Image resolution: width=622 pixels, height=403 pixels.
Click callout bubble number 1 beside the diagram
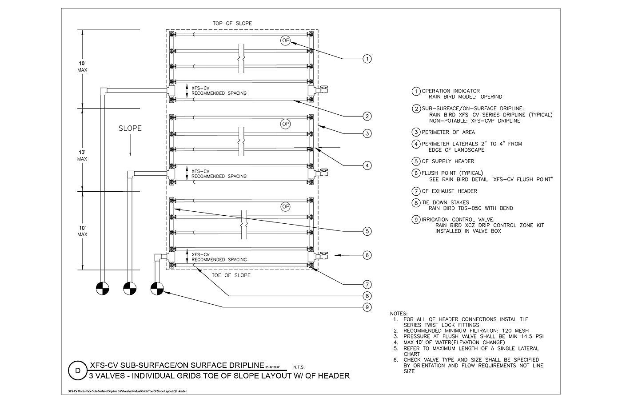pyautogui.click(x=367, y=59)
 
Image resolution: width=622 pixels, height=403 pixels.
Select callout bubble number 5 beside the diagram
pyautogui.click(x=367, y=231)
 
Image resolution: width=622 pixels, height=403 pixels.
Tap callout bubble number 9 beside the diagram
pyautogui.click(x=367, y=307)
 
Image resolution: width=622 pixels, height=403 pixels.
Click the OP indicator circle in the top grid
pyautogui.click(x=285, y=40)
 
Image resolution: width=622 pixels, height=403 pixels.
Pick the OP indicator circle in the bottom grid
pyautogui.click(x=285, y=206)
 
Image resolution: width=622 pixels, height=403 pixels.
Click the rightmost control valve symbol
pyautogui.click(x=157, y=289)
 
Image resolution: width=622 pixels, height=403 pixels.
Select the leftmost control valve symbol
pyautogui.click(x=103, y=289)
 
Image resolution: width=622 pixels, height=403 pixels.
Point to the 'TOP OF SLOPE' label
pyautogui.click(x=232, y=23)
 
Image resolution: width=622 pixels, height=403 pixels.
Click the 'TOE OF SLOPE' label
pyautogui.click(x=231, y=275)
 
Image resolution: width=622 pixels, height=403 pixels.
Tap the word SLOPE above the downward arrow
pyautogui.click(x=130, y=128)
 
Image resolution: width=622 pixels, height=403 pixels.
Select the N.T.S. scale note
pyautogui.click(x=299, y=367)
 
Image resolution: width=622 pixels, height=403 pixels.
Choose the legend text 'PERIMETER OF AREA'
pyautogui.click(x=448, y=132)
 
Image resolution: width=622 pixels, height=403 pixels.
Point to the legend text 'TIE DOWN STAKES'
pyautogui.click(x=445, y=202)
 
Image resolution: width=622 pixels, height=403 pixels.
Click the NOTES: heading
pyautogui.click(x=399, y=314)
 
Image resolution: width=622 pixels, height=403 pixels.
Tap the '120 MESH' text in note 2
pyautogui.click(x=515, y=331)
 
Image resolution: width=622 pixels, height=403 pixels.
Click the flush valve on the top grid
pyautogui.click(x=323, y=89)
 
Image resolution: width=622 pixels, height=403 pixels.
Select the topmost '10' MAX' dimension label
pyautogui.click(x=82, y=66)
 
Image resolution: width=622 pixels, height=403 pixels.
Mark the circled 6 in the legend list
pyautogui.click(x=416, y=173)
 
